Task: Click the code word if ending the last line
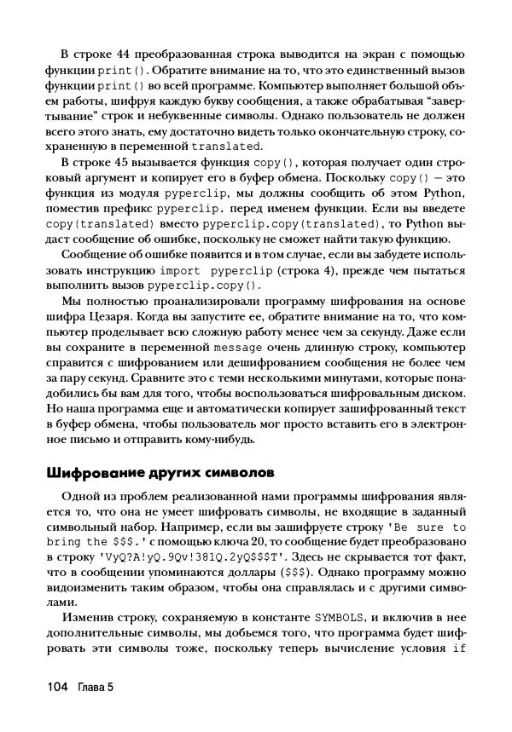pyautogui.click(x=458, y=648)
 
